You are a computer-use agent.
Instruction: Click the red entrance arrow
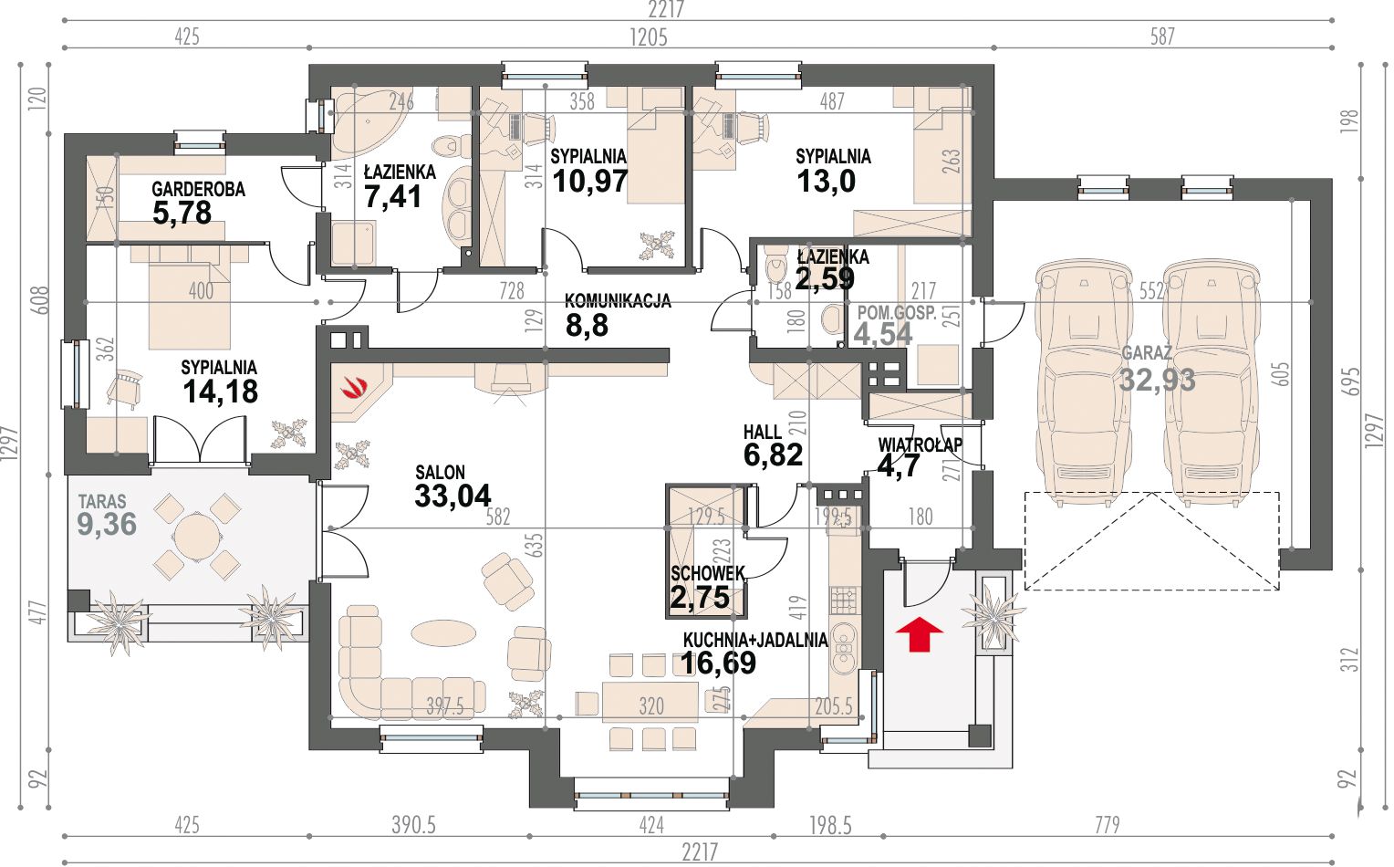tap(920, 634)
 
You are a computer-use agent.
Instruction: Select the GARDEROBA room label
tap(199, 189)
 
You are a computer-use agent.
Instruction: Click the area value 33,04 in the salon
tap(453, 496)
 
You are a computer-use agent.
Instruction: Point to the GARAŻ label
tap(1147, 353)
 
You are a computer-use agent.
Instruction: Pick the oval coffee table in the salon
tap(443, 633)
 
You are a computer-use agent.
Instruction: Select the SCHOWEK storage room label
tap(708, 573)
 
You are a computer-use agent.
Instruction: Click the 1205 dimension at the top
tap(649, 37)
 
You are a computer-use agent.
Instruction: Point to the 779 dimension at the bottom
tap(1108, 825)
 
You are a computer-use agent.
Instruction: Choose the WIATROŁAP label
tap(920, 444)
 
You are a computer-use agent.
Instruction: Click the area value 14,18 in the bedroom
tap(220, 392)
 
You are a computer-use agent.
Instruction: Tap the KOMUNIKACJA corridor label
tap(618, 301)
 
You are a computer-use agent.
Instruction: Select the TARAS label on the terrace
tap(102, 501)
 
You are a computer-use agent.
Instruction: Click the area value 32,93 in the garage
tap(1158, 380)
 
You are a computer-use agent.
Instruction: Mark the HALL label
tap(763, 432)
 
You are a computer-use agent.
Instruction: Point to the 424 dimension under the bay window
tap(651, 825)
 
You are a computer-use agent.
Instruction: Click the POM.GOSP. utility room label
tap(897, 313)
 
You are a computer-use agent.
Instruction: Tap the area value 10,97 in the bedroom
tap(589, 181)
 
